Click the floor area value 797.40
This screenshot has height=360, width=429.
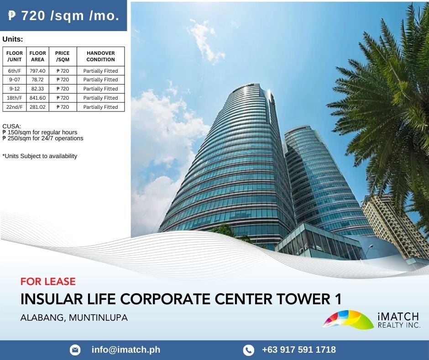point(37,71)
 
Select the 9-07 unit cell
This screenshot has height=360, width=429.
point(15,80)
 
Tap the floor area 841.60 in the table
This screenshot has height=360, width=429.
point(37,98)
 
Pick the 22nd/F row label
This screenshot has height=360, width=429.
point(15,107)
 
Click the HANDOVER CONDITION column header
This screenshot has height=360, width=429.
point(101,56)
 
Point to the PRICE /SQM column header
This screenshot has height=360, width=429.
point(63,56)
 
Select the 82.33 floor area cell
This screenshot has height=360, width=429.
point(37,89)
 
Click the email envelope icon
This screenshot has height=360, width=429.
point(75,350)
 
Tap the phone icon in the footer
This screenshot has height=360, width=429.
point(248,350)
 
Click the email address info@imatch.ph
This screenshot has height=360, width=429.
point(126,349)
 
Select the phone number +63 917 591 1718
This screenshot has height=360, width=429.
point(299,349)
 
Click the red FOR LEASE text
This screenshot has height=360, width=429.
point(48,281)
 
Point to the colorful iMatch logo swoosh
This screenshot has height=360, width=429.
point(348,319)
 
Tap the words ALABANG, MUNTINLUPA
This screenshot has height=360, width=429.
point(74,318)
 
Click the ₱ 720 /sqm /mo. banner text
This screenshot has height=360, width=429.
point(63,16)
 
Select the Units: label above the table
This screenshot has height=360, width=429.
point(13,39)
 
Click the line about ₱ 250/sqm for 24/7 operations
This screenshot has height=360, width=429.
point(43,138)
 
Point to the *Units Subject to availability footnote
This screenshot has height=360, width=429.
point(40,156)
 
